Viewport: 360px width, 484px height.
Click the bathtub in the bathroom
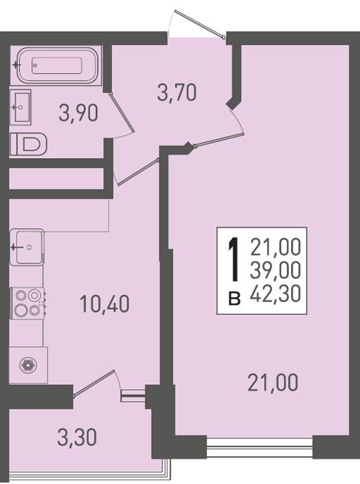[x=57, y=65]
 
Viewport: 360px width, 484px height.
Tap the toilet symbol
[x=28, y=144]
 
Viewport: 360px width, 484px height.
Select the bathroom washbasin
[x=20, y=107]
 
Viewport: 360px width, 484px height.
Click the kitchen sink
[x=27, y=247]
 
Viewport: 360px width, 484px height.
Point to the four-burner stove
[x=28, y=303]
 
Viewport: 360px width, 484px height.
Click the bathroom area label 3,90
[x=79, y=113]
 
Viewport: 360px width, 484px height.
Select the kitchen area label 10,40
[x=105, y=303]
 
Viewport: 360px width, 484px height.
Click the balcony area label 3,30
[x=77, y=438]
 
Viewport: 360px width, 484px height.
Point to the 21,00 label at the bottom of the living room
[x=274, y=382]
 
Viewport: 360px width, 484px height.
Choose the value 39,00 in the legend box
[x=276, y=270]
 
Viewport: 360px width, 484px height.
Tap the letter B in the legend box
[x=235, y=299]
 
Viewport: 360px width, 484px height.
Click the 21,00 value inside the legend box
[x=276, y=247]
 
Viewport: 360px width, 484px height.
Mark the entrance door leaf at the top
[x=199, y=23]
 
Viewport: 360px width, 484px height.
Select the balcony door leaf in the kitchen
[x=94, y=383]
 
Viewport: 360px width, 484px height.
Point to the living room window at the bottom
[x=259, y=446]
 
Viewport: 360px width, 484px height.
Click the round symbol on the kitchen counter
[x=28, y=365]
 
